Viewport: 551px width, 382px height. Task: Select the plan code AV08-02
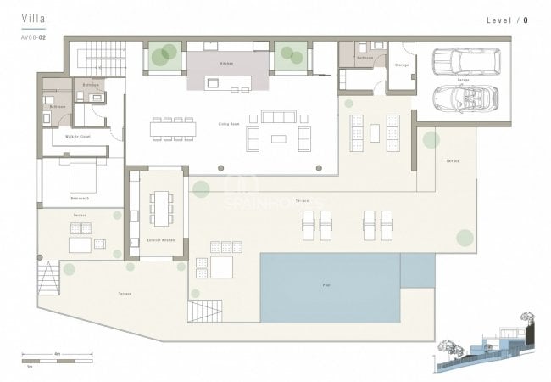(x=35, y=38)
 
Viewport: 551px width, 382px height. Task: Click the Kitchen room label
(x=226, y=64)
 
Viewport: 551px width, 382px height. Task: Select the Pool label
(x=326, y=285)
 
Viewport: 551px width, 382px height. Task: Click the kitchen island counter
(x=225, y=83)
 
